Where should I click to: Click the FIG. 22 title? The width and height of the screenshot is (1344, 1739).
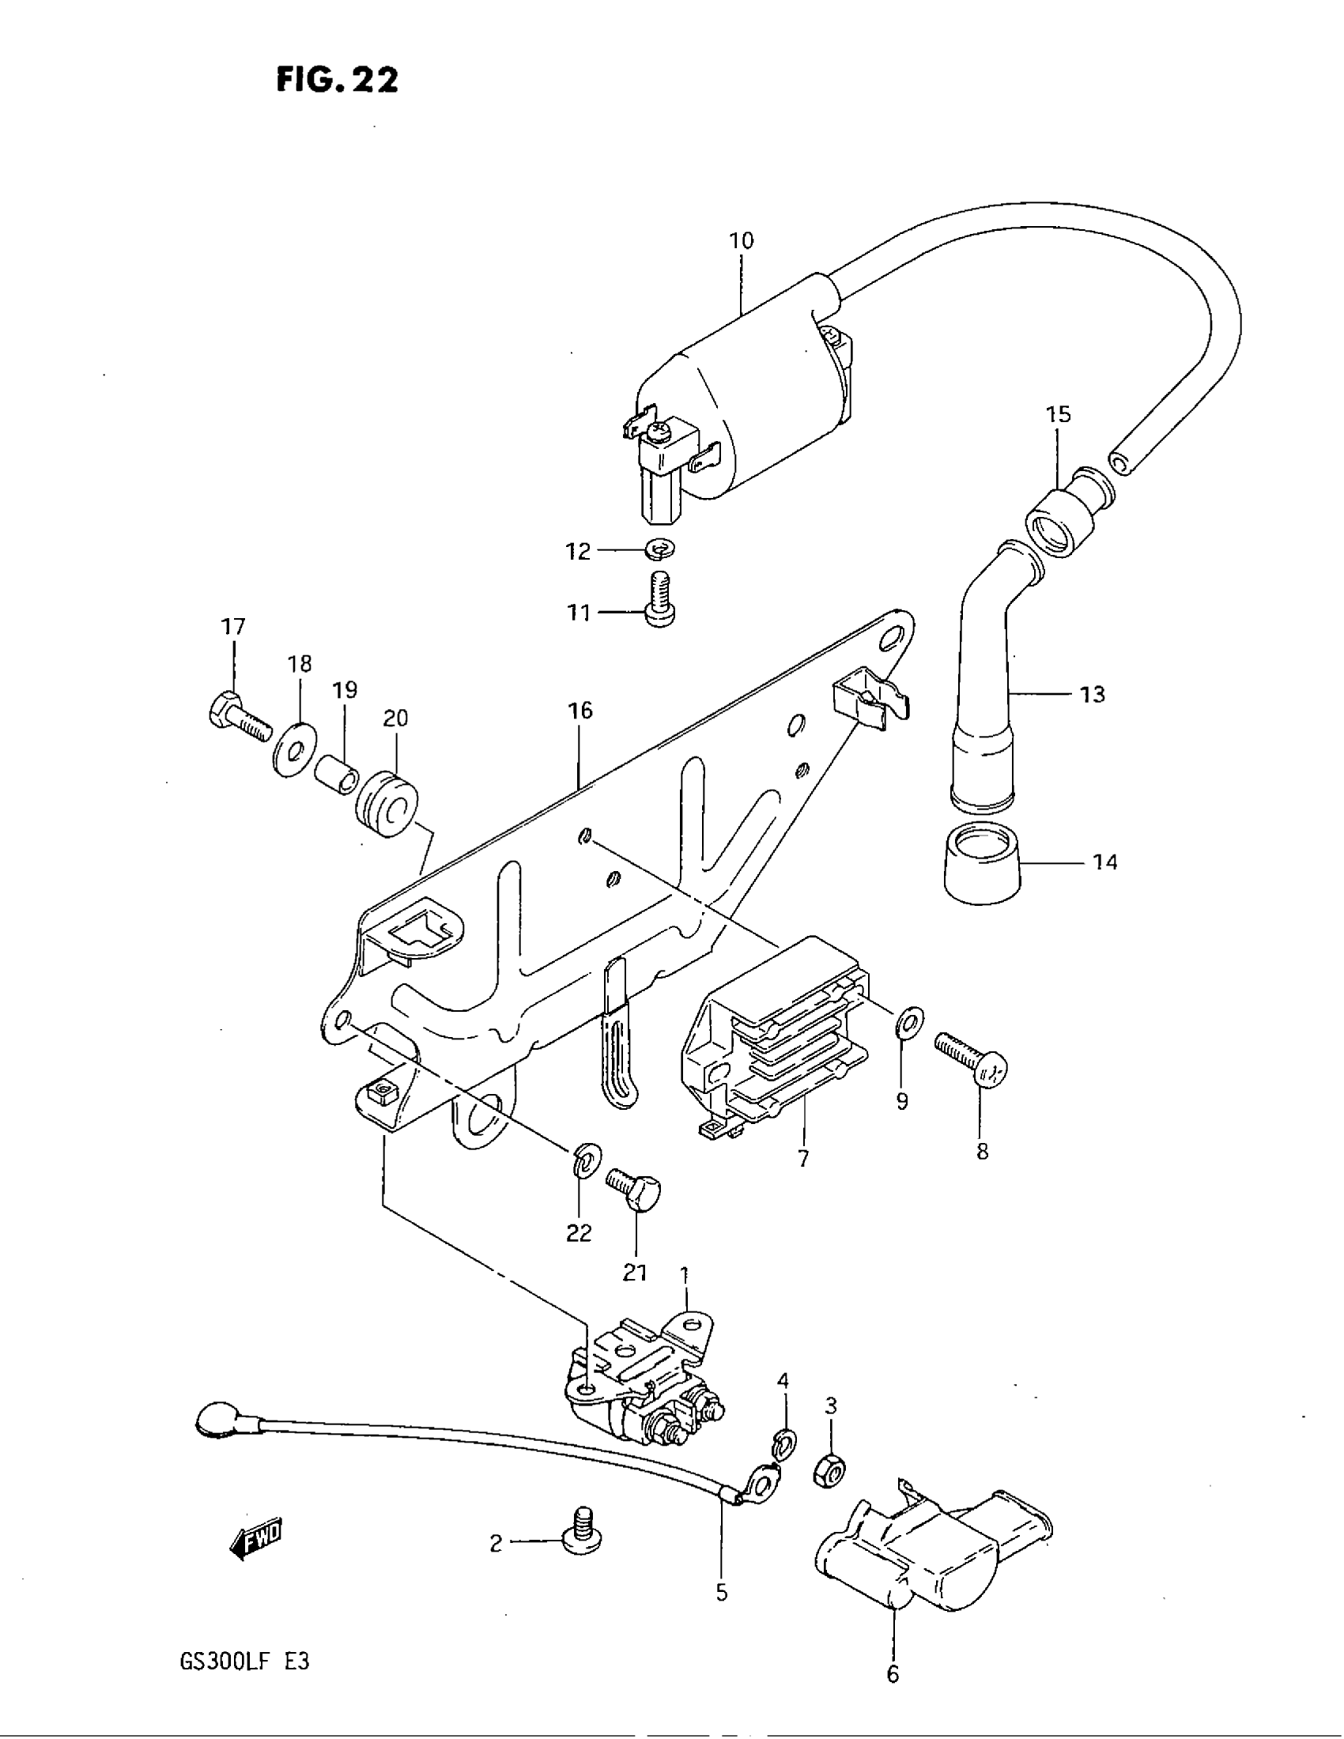(337, 81)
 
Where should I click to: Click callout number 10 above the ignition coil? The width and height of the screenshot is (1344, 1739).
(741, 240)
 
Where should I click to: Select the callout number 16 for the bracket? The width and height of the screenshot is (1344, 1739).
(580, 711)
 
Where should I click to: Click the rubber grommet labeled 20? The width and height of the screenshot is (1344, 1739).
(386, 804)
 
